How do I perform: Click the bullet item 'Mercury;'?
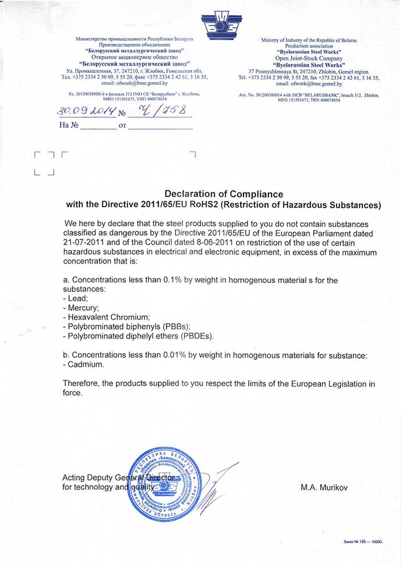pos(83,307)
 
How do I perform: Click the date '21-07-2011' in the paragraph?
pos(84,242)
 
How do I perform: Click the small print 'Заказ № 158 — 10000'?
pos(362,542)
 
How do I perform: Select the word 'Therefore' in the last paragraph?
pos(82,384)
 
